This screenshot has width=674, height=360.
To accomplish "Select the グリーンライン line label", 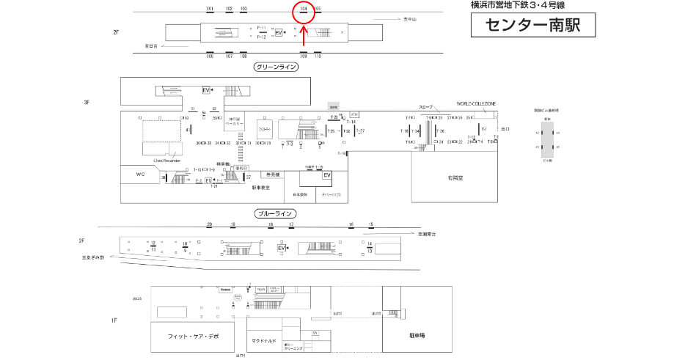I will point(276,67).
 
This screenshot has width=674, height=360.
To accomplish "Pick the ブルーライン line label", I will point(276,213).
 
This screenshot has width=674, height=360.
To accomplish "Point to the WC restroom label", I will point(142,175).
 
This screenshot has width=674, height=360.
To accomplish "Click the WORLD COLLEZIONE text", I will point(476,104).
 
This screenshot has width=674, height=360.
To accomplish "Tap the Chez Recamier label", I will point(166,160).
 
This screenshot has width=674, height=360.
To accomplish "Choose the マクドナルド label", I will point(263,341).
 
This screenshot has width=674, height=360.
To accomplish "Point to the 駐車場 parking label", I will point(419,335).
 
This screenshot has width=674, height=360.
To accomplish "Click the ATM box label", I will point(354,114).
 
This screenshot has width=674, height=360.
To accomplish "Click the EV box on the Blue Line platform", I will point(280,249).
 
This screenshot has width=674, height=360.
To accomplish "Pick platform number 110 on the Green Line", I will point(318,56).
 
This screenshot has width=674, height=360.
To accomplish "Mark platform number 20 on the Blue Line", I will point(210,224).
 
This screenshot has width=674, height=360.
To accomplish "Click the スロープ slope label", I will point(426,107).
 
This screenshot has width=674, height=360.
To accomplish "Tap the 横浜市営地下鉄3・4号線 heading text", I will point(518,5).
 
